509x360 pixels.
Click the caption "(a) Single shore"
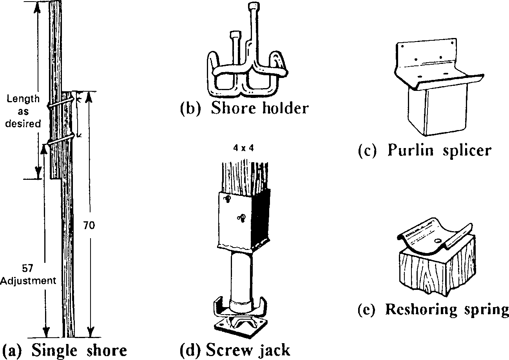[x=65, y=350]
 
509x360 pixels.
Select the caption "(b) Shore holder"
[x=244, y=108]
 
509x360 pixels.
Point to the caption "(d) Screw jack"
[x=235, y=350]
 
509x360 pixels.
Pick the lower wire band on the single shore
[x=61, y=139]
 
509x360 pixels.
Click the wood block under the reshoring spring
[x=435, y=274]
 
